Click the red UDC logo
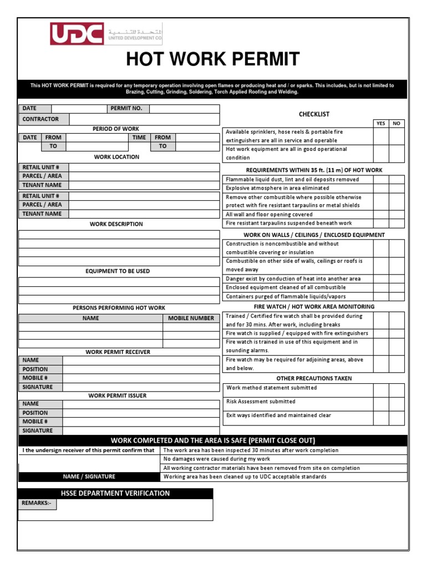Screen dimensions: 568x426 coord(77,34)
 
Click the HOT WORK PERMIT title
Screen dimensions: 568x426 coord(213,59)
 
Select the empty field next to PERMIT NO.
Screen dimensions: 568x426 coord(184,109)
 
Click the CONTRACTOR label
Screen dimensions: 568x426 coord(40,119)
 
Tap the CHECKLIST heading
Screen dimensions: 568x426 coord(314,114)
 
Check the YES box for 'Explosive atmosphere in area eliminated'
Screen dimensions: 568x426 coord(381,188)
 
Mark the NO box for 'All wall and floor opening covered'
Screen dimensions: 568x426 coord(397,214)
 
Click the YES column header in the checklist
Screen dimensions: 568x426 coord(381,124)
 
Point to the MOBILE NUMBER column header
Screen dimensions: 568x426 coord(191,318)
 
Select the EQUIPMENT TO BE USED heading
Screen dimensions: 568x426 coord(118,271)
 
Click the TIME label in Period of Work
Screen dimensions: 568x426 coord(139,138)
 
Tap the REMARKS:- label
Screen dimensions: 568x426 coord(37,503)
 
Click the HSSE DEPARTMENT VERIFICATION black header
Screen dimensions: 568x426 coord(115,493)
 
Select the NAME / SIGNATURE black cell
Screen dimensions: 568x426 coord(89,476)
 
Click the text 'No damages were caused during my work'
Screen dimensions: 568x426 coord(217,459)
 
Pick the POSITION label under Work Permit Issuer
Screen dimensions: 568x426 coord(35,413)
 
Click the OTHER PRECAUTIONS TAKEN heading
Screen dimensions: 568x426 coord(314,378)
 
